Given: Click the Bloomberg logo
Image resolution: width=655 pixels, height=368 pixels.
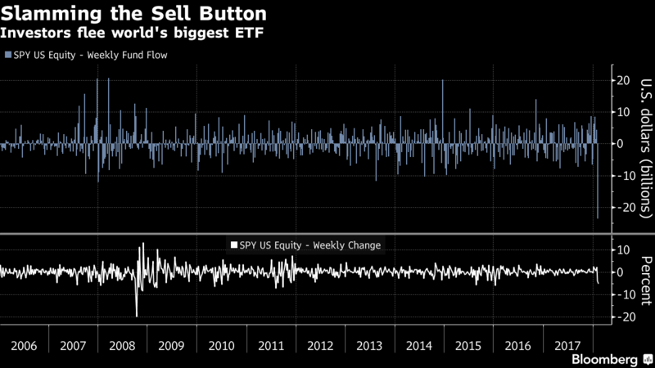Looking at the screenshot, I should [x=604, y=359].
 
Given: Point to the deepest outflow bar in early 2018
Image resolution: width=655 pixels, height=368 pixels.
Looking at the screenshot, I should [x=598, y=216].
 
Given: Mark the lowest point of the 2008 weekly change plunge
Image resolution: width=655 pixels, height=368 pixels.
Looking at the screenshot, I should [x=137, y=315].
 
